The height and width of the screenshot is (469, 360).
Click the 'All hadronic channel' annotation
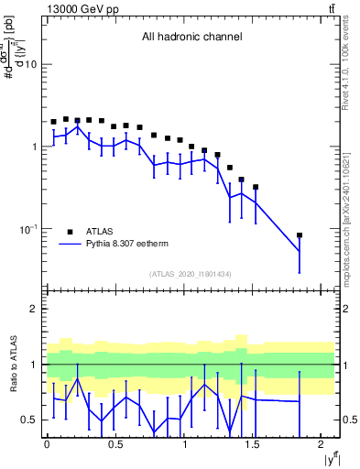pos(191,38)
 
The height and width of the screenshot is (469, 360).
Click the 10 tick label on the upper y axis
pos(31,64)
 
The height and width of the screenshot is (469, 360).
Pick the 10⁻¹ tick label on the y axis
pos(27,228)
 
